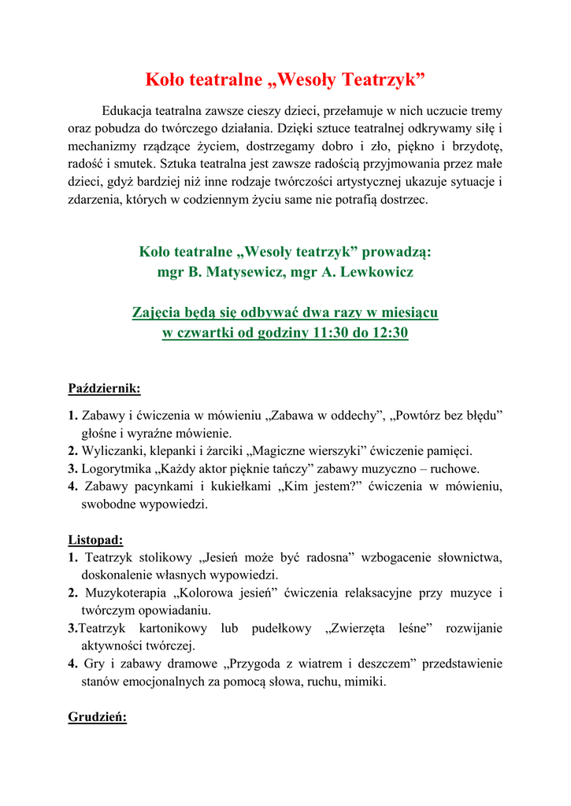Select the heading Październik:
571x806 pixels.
click(x=105, y=388)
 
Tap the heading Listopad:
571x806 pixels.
click(x=95, y=540)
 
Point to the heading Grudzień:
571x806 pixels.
click(x=98, y=719)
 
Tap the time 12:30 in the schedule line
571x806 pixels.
click(x=389, y=332)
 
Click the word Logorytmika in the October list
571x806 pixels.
click(x=117, y=468)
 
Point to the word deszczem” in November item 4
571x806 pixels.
click(x=386, y=664)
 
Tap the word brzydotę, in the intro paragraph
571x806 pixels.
click(x=471, y=146)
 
